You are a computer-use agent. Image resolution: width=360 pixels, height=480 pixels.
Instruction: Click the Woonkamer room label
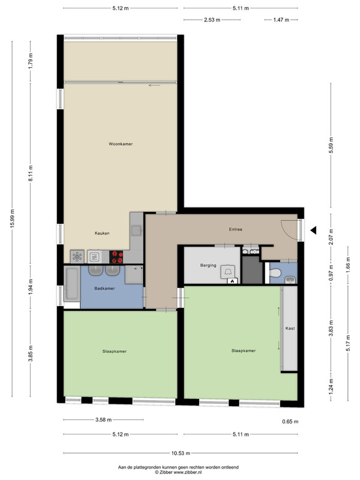121,144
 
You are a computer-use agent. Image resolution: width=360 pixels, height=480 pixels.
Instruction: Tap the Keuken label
102,233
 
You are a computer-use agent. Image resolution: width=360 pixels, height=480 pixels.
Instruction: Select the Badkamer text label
104,289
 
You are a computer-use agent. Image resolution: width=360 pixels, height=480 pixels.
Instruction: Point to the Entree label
236,229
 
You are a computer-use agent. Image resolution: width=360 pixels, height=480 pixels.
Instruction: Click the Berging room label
208,265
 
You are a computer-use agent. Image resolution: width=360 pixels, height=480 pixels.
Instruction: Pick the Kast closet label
290,328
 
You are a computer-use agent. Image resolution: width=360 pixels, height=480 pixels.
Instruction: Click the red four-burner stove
116,257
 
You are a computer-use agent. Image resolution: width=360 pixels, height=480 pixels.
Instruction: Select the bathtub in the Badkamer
71,284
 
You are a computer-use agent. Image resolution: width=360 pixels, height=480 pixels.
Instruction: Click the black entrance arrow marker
313,230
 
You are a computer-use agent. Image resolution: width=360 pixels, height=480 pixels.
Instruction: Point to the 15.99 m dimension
12,218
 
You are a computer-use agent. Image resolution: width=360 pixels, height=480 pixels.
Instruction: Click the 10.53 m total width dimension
181,453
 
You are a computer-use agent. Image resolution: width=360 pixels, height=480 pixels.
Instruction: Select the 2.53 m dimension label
212,20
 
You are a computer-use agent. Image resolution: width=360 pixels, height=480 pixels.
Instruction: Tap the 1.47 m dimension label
281,20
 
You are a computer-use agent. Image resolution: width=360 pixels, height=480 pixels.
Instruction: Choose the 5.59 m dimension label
331,145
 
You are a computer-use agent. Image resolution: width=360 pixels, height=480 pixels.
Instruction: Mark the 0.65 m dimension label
290,422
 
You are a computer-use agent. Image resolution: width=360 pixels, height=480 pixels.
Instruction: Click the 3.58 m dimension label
103,419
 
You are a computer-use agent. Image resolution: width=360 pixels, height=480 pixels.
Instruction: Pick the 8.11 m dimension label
31,173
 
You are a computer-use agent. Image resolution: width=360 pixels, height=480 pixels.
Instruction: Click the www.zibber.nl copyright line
178,472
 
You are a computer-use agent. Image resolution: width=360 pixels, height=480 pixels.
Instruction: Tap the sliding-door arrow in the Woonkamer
154,85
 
